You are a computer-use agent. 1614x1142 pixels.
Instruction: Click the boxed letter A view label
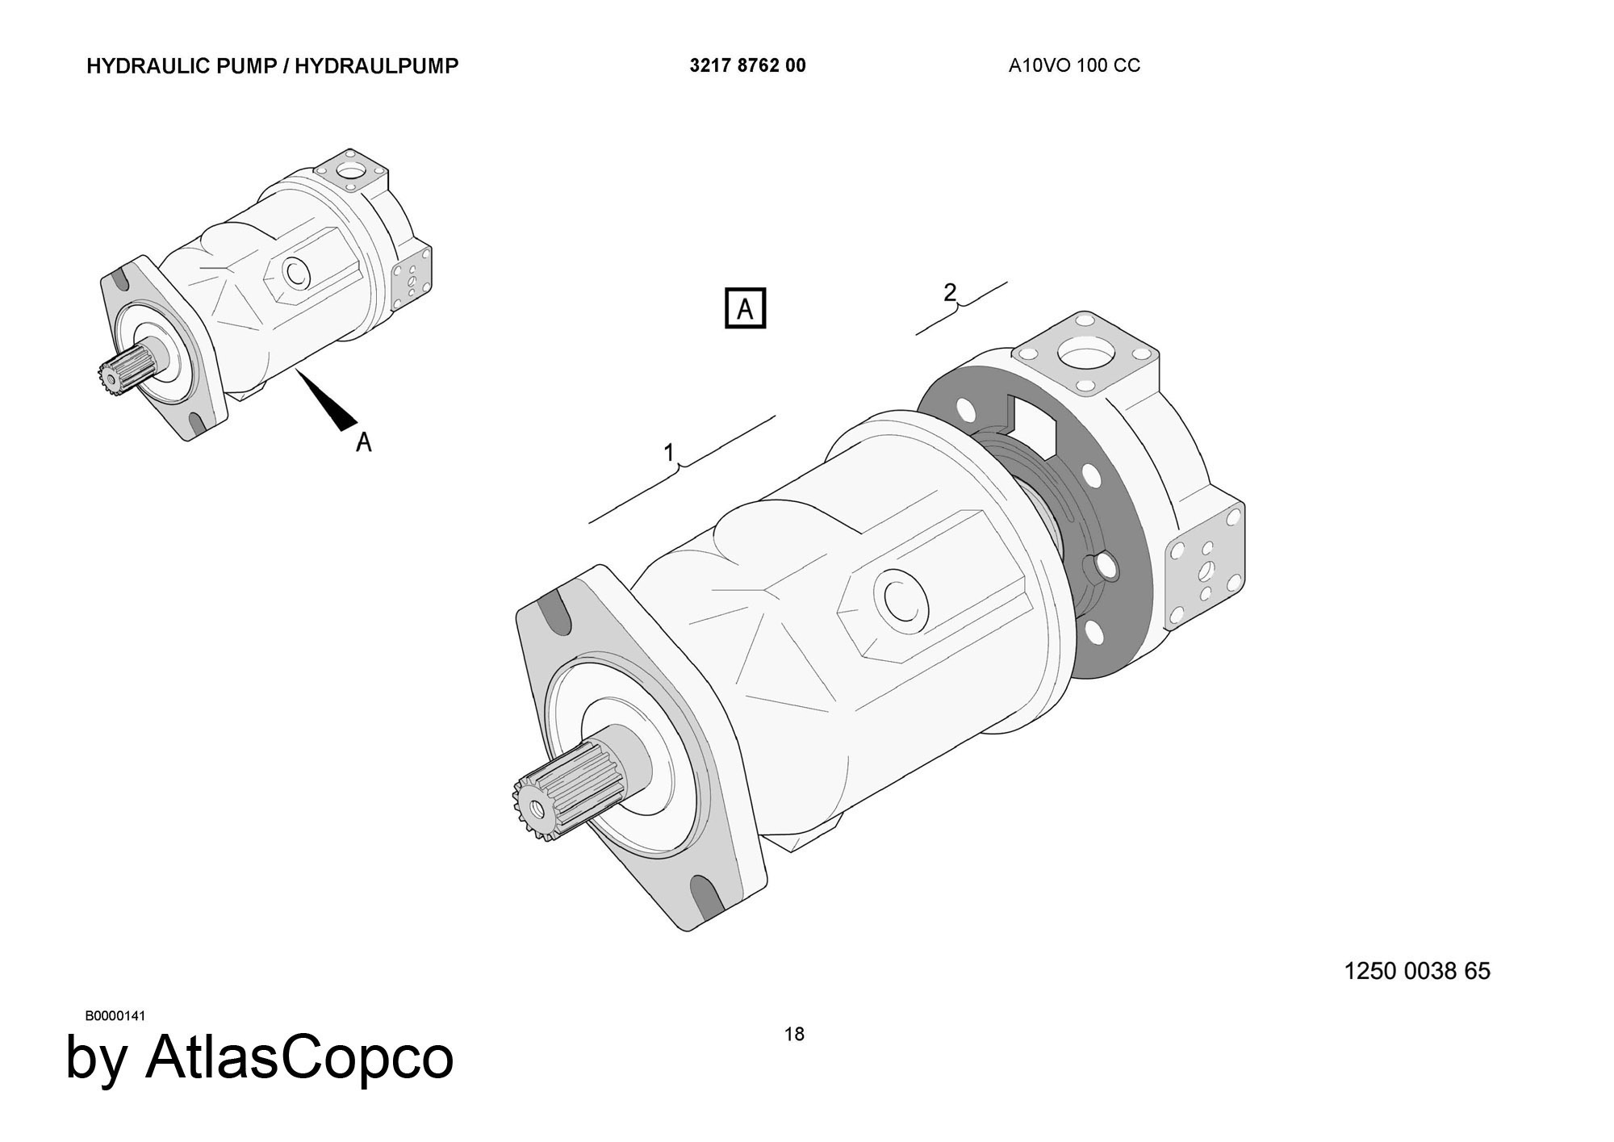pos(745,308)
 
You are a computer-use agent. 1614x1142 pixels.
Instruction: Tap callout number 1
pos(669,454)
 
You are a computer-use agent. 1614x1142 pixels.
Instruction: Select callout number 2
pos(950,292)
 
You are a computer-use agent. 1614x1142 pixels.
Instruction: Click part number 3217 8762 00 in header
pos(747,66)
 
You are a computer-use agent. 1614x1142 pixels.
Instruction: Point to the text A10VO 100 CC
pos(1074,66)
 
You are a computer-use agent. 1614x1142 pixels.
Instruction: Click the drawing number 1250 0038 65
pos(1417,971)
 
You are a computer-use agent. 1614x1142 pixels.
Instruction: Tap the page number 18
pos(794,1034)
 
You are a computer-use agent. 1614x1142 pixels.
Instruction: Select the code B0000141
pos(115,1015)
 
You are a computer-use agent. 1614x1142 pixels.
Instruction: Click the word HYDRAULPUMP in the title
pos(376,66)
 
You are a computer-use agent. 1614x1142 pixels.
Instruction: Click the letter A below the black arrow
pos(364,442)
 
